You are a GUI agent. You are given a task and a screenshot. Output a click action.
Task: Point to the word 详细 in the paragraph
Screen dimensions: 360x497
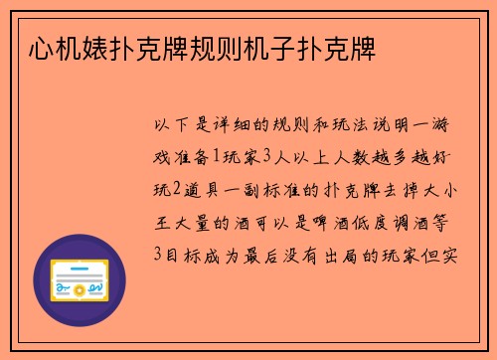tap(243, 126)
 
